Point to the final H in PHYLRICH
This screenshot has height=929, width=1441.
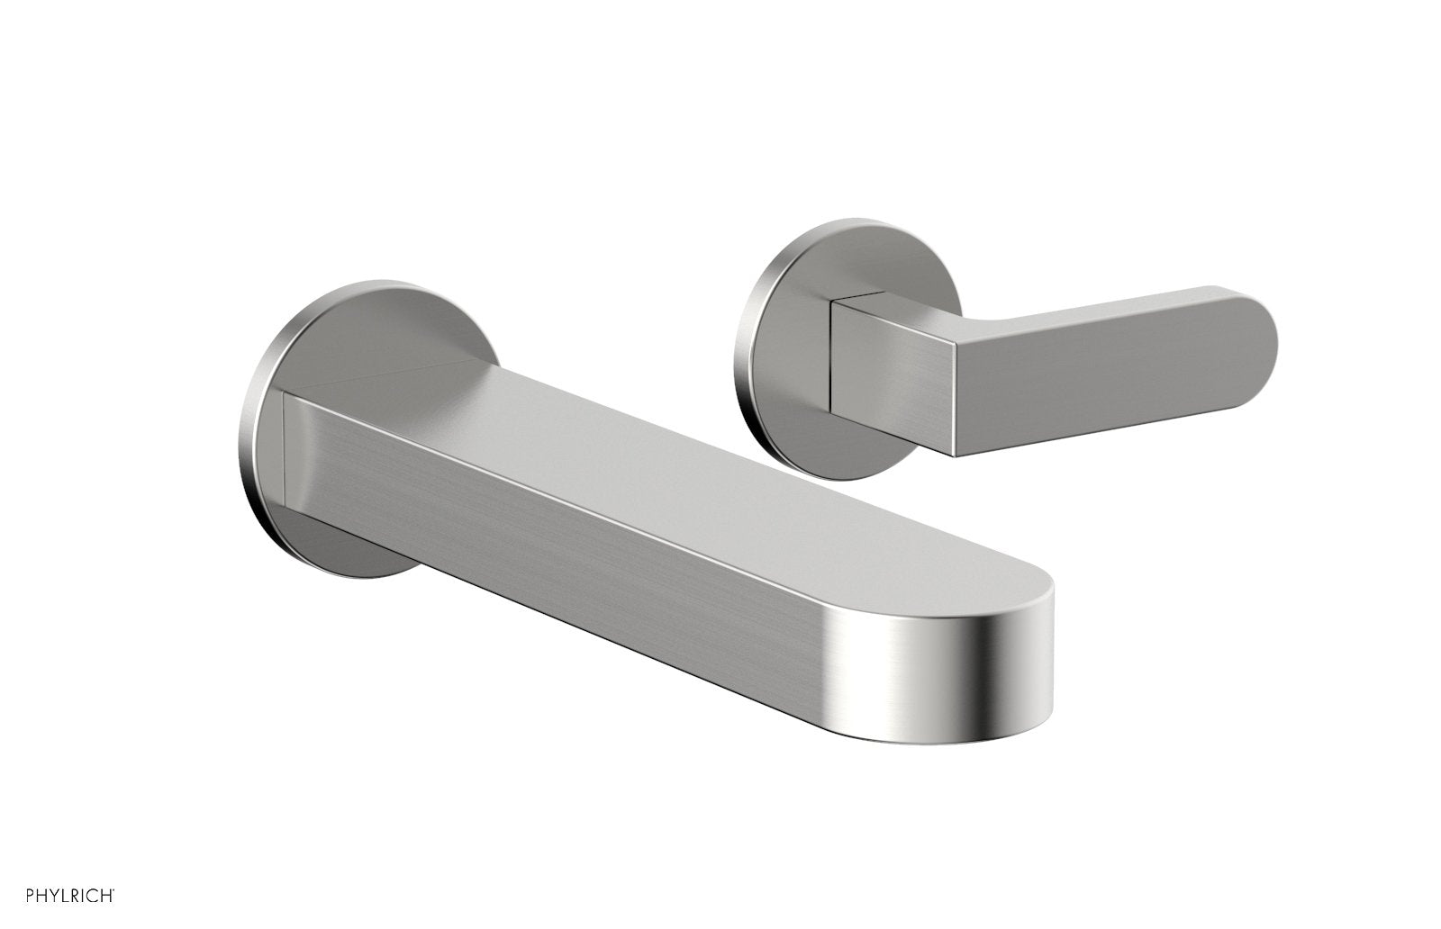pos(109,896)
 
